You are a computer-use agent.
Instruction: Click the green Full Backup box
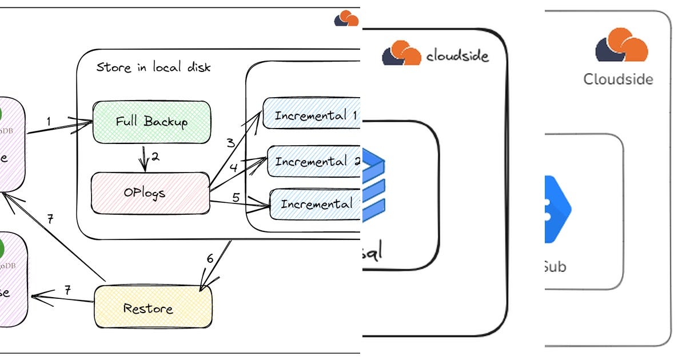(x=151, y=122)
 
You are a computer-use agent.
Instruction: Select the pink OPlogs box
(x=150, y=193)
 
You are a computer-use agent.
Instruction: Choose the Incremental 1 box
(x=312, y=115)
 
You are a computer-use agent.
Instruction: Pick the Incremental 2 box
(x=314, y=162)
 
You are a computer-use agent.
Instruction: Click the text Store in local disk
(x=153, y=67)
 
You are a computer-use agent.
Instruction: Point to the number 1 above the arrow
(x=49, y=121)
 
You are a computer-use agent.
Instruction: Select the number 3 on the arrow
(x=231, y=143)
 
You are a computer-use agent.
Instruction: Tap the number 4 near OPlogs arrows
(x=233, y=168)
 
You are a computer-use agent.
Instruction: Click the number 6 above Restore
(x=210, y=258)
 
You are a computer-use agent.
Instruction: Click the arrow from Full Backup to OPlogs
(x=144, y=161)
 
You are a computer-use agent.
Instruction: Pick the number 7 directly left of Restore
(x=67, y=290)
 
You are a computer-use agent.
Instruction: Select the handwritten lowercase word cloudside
(x=457, y=56)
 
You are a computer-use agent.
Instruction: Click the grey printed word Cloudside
(x=618, y=79)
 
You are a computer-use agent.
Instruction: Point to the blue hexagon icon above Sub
(x=557, y=209)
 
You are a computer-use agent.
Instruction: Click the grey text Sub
(x=555, y=266)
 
